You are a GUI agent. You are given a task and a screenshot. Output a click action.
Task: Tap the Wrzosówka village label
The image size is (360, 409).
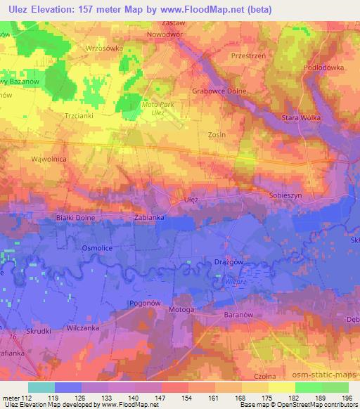[x=104, y=48]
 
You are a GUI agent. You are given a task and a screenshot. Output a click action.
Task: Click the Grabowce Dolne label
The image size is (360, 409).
[x=223, y=91]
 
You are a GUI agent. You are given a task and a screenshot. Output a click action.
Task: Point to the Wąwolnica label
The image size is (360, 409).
[x=49, y=160]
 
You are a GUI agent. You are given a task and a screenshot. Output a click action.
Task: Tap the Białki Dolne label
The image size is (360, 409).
[x=75, y=219]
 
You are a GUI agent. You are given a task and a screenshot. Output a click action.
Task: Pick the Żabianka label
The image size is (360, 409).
[x=149, y=218]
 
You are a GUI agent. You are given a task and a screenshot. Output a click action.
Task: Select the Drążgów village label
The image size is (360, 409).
[x=227, y=261]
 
